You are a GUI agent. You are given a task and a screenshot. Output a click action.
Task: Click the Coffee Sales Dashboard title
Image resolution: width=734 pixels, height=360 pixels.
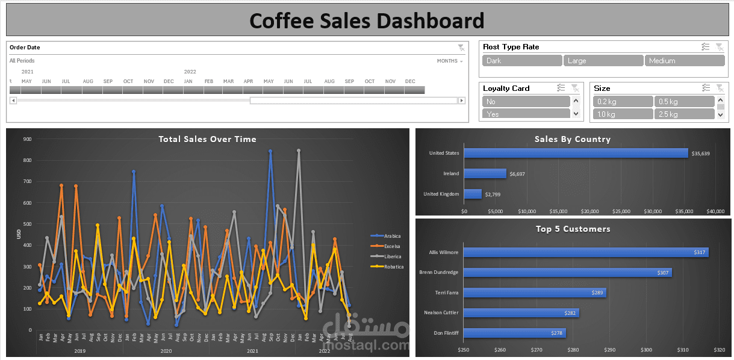coord(367,20)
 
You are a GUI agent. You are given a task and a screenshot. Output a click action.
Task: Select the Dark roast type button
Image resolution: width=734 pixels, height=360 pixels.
coord(522,61)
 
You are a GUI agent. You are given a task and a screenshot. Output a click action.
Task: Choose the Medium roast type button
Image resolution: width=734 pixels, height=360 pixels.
coord(685,61)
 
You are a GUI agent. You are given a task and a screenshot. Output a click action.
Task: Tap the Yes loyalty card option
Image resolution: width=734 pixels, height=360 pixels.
coord(526,114)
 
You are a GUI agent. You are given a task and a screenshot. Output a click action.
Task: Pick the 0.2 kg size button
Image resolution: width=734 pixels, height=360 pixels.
coord(623,102)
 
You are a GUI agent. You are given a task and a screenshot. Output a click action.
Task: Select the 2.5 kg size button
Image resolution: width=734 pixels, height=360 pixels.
coord(685,114)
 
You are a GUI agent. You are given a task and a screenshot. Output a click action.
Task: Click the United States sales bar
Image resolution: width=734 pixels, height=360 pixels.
coord(576,153)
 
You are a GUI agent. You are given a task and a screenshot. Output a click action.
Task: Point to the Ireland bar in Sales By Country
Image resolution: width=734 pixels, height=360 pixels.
coord(485,173)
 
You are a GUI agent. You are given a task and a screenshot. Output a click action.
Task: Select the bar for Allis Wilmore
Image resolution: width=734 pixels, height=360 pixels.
coord(585,252)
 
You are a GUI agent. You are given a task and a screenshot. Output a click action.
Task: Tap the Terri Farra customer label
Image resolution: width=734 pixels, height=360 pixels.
coord(446,293)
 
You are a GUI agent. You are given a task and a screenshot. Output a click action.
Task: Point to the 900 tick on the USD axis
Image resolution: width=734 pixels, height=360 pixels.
coord(27,139)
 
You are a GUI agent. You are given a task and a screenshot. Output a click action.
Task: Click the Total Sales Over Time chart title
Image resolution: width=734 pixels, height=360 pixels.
coord(207,139)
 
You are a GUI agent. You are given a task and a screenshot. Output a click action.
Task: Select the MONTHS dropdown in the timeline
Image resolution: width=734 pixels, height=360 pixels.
coord(450,61)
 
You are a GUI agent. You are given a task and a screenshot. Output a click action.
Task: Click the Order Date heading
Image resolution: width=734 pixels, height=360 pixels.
coord(25,47)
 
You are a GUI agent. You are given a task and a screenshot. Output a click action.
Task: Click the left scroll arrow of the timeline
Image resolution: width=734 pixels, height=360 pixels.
coord(13,100)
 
